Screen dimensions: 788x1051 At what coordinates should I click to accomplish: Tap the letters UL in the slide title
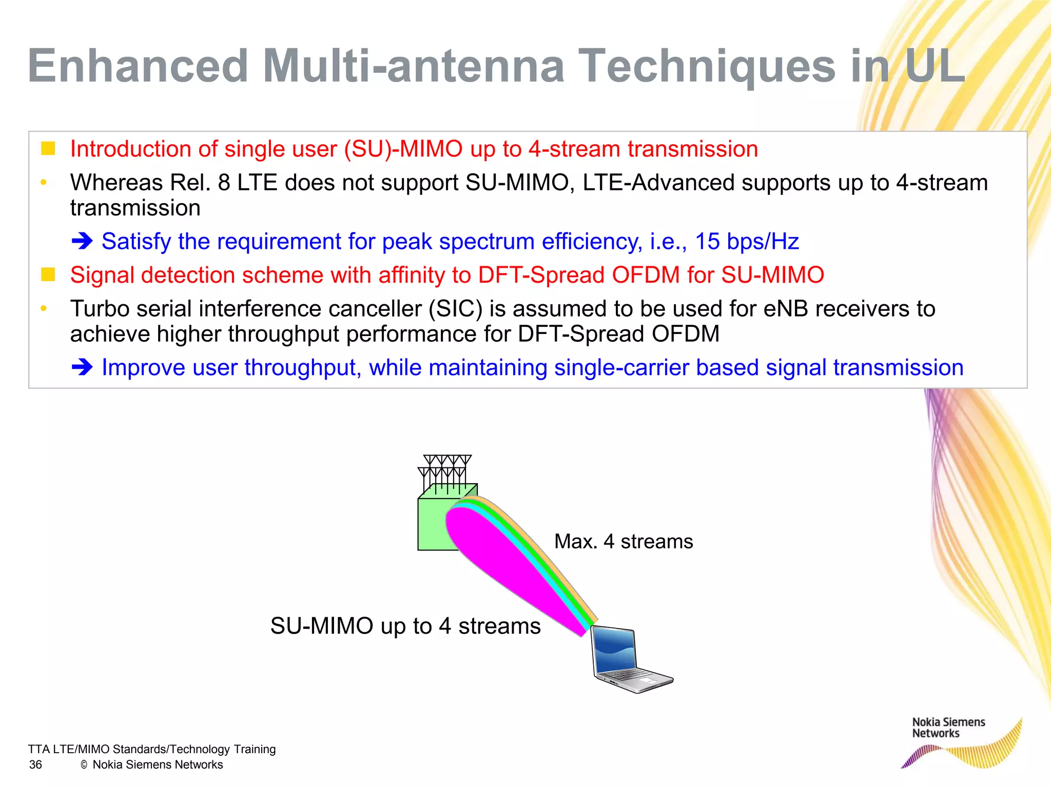(935, 66)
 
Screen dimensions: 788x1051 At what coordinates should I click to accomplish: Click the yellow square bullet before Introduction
(48, 148)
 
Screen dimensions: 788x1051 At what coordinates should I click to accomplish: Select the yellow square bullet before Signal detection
(48, 274)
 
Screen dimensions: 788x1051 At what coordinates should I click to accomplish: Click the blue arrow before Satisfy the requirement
(82, 241)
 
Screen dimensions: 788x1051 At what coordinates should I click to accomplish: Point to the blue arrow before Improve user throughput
(82, 367)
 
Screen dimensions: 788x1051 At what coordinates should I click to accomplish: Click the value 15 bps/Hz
(747, 241)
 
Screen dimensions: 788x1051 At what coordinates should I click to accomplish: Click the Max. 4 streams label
(623, 542)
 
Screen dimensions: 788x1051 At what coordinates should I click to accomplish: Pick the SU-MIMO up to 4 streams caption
(405, 626)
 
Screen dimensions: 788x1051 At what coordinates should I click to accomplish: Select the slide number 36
(35, 765)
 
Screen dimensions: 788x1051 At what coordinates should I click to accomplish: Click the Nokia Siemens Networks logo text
(948, 728)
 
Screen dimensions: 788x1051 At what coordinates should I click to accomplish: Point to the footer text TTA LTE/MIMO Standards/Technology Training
(151, 750)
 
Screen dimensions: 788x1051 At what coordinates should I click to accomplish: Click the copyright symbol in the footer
(84, 765)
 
